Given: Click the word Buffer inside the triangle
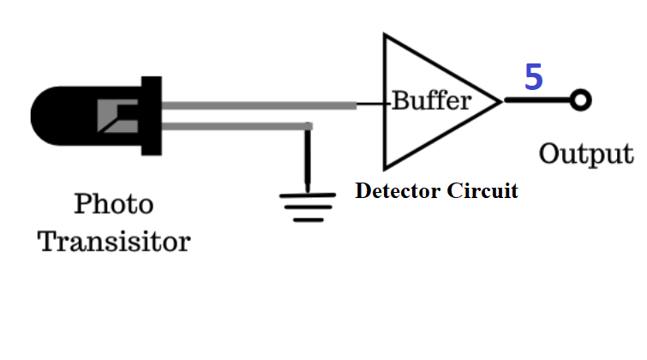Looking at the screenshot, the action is (x=431, y=100).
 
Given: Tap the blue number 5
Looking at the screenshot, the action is (x=533, y=77).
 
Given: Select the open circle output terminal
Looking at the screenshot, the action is (x=580, y=100).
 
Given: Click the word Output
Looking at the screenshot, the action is (x=586, y=154).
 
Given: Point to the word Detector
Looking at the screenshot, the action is (x=398, y=190).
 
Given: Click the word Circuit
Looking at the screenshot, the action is (x=482, y=190).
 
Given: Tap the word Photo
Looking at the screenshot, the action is (x=114, y=203).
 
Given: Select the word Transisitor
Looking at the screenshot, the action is (x=114, y=242).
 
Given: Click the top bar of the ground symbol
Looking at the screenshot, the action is (x=308, y=195).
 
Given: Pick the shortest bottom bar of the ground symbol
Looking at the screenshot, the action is (x=309, y=220).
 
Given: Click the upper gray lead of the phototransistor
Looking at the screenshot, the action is (x=259, y=105).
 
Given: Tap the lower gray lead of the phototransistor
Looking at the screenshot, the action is (x=237, y=126).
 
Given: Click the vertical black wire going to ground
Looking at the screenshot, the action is (x=308, y=158).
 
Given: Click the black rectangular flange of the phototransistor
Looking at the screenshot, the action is (x=152, y=116).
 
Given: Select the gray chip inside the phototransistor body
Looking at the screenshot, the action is (x=117, y=116).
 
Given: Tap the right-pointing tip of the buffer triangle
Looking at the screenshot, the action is (x=501, y=101).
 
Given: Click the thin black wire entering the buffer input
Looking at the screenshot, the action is (x=371, y=104).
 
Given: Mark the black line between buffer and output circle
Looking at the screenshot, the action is (x=537, y=100).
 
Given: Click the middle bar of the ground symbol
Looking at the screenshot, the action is (x=308, y=207).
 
